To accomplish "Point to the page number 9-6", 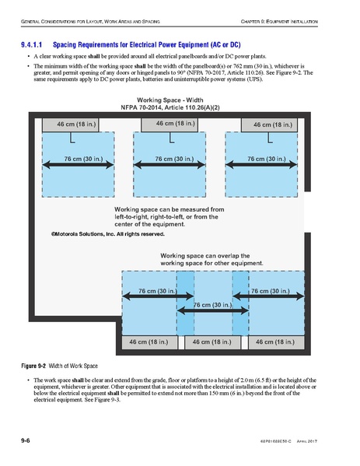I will (x=26, y=441).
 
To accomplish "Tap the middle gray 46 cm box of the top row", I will (x=175, y=123).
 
